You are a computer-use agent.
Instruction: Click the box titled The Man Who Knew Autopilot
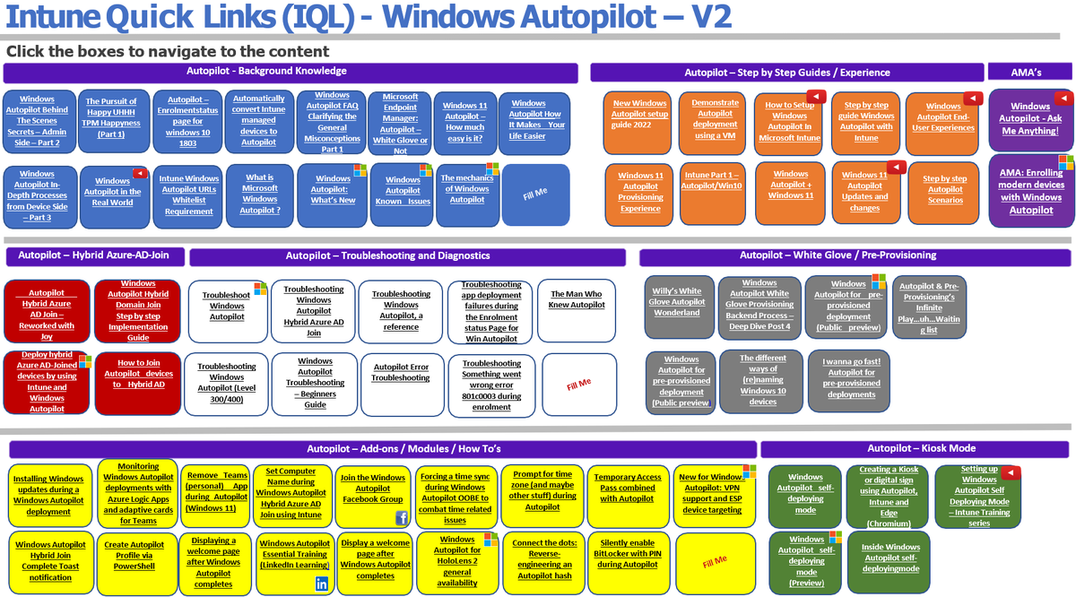pos(577,299)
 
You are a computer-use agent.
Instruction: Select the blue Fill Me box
pos(535,194)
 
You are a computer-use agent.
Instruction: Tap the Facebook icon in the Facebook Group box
pos(402,518)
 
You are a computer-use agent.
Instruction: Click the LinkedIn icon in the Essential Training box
pos(322,584)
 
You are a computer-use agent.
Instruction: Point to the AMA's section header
pos(1027,72)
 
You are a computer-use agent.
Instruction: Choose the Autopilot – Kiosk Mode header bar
pos(915,448)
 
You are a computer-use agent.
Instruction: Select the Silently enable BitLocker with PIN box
pos(628,554)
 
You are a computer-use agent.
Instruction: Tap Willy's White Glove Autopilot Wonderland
pos(677,302)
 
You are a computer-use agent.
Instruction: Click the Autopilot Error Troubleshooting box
pos(401,373)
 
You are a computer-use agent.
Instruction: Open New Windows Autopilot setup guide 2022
pos(640,115)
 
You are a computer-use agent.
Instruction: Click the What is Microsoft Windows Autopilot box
pos(259,194)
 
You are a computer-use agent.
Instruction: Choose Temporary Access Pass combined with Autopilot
pos(628,489)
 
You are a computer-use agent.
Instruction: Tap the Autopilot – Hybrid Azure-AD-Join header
pos(94,256)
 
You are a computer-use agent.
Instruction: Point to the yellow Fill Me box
pos(715,561)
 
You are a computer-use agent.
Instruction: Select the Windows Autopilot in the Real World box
pos(113,192)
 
